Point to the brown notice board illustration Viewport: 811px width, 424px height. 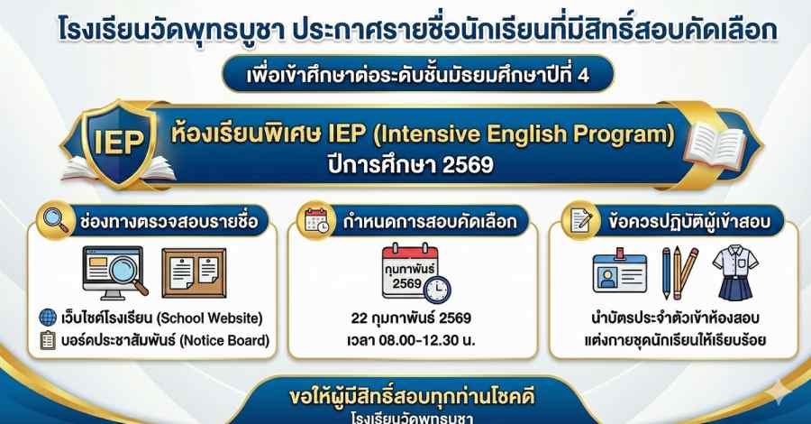tap(194, 272)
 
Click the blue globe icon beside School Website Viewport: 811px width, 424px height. tap(48, 318)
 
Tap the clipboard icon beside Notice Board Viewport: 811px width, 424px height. tap(48, 340)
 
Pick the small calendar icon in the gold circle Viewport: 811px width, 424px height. tap(316, 221)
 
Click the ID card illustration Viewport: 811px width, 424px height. tap(620, 271)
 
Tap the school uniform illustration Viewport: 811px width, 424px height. tap(735, 272)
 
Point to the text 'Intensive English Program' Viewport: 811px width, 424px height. tap(524, 134)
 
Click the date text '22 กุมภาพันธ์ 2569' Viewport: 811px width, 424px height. tap(411, 318)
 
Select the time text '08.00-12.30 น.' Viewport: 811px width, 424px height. tap(427, 341)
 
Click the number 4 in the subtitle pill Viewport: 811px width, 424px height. tap(583, 76)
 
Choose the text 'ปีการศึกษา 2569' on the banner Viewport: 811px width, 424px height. tap(411, 165)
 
